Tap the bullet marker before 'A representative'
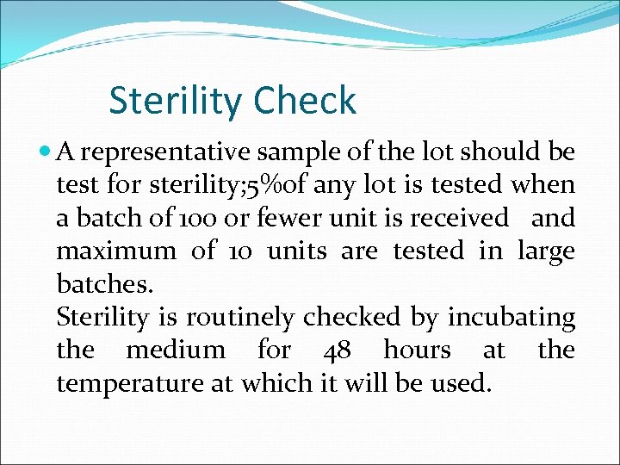coord(46,152)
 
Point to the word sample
coord(301,152)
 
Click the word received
coord(459,218)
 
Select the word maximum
coord(115,251)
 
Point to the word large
coord(546,251)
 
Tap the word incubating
coord(511,317)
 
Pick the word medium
coord(176,350)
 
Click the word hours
coord(417,350)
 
